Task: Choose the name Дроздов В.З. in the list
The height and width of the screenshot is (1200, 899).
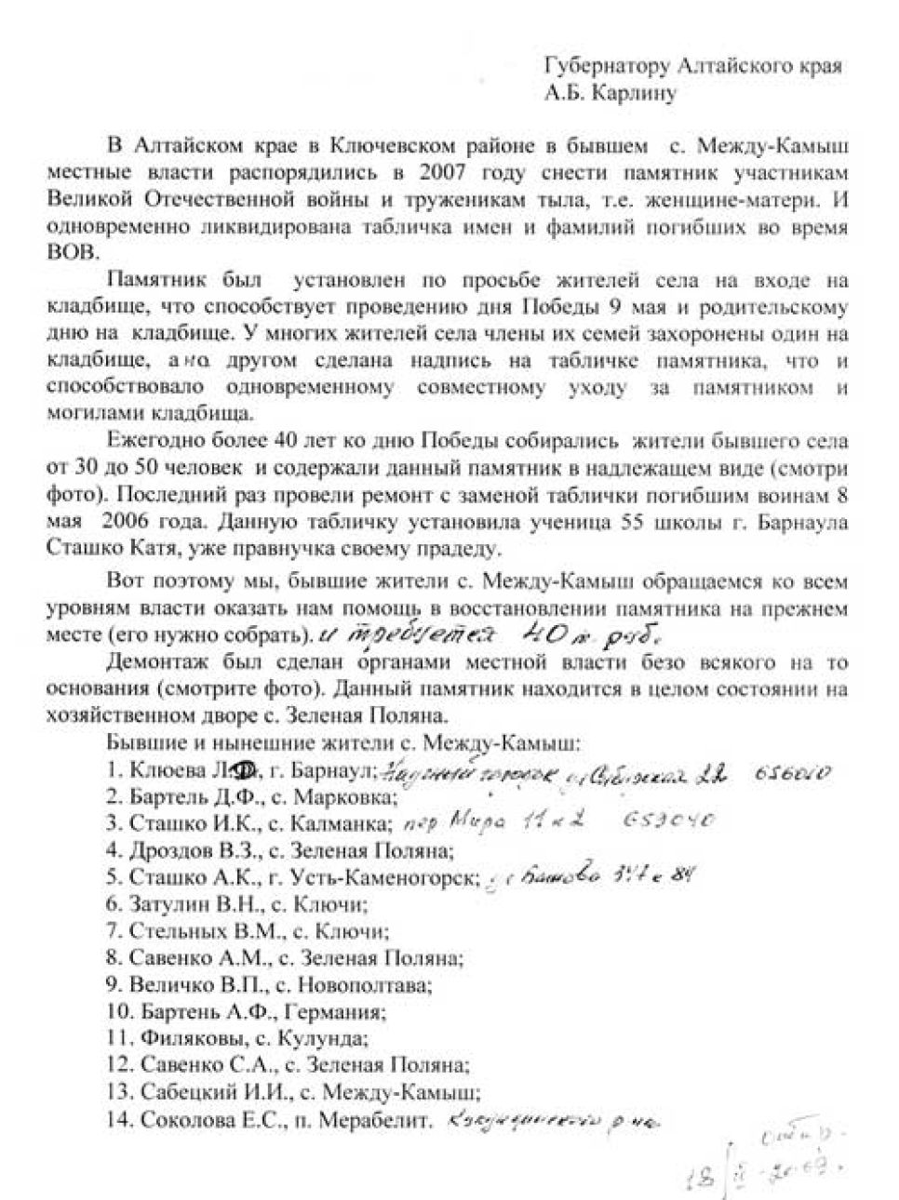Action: pos(184,849)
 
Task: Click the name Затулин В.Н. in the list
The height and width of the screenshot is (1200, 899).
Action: pos(183,902)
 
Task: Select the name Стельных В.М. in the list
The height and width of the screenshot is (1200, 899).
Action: pos(191,929)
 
